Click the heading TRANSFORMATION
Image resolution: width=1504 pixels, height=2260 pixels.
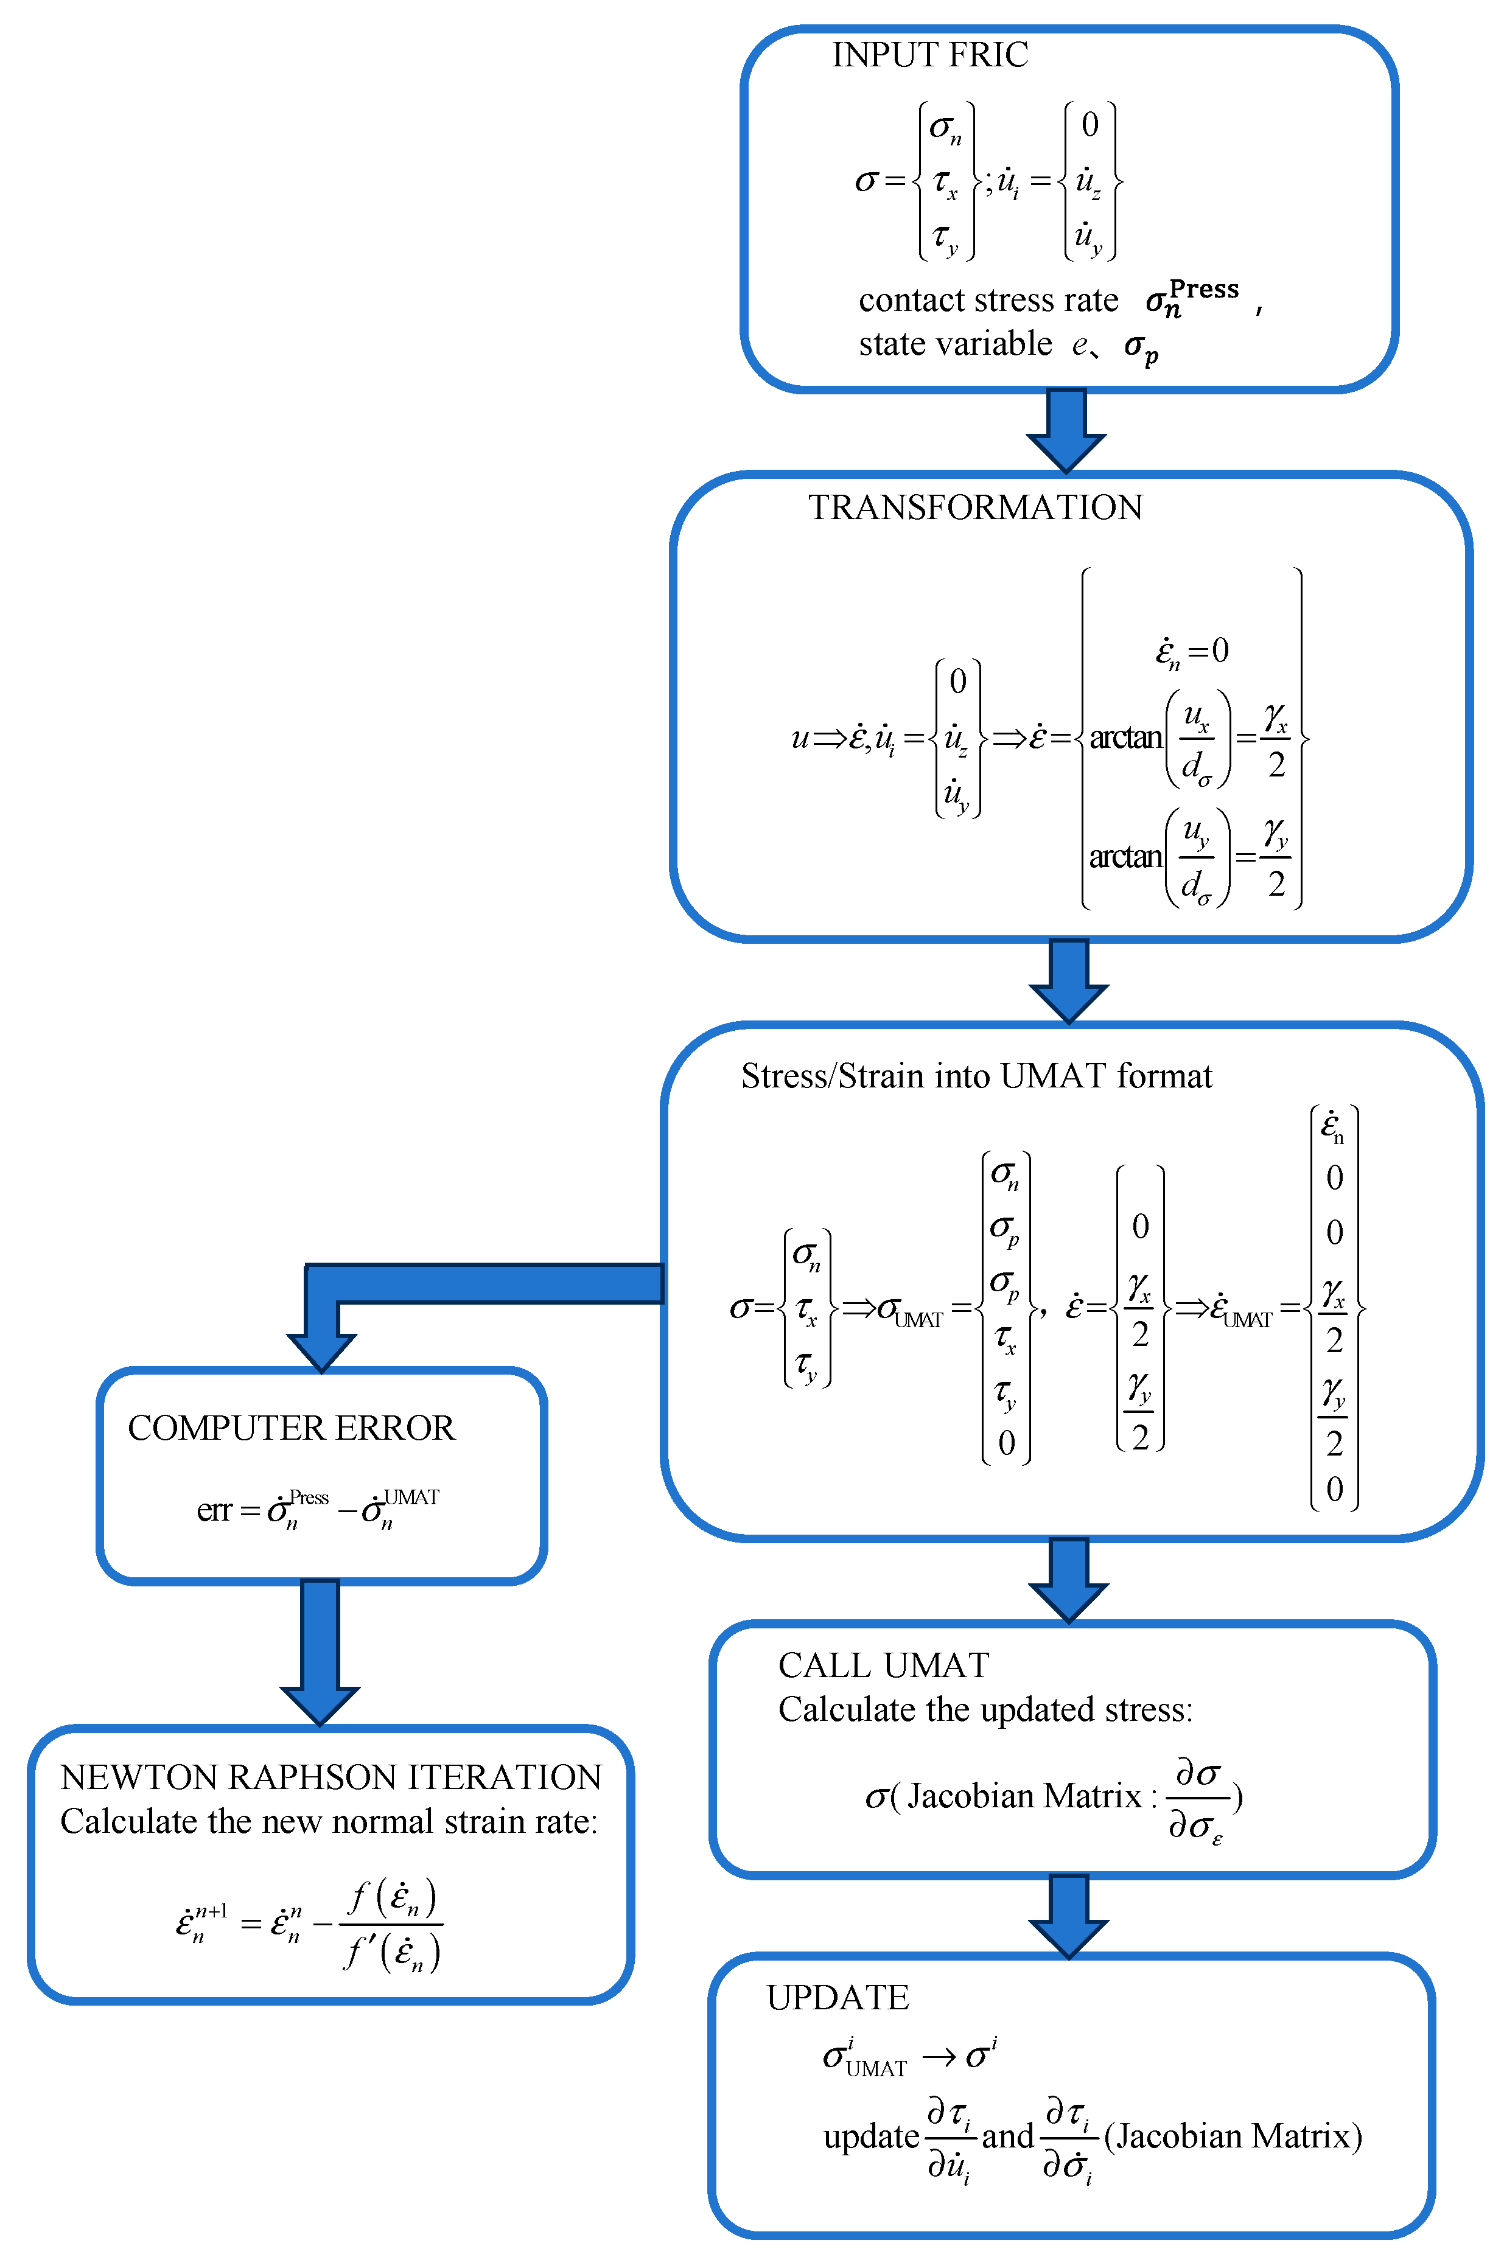[x=974, y=507]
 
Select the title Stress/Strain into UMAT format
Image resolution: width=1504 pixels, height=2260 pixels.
[x=976, y=1076]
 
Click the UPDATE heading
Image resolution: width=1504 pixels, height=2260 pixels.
[x=838, y=1997]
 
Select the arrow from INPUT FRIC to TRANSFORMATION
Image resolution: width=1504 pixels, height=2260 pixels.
[x=1066, y=428]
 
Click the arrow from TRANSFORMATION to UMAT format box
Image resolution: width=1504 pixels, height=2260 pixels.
[x=1069, y=979]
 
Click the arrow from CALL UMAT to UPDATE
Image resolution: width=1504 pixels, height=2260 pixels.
[x=1069, y=1916]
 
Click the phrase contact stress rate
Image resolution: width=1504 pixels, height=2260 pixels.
[x=988, y=300]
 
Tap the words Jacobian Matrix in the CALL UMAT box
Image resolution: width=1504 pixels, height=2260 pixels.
[x=1024, y=1795]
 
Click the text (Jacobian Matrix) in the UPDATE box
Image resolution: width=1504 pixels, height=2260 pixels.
[x=1233, y=2136]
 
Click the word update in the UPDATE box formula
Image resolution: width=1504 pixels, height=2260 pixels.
[x=871, y=2136]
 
